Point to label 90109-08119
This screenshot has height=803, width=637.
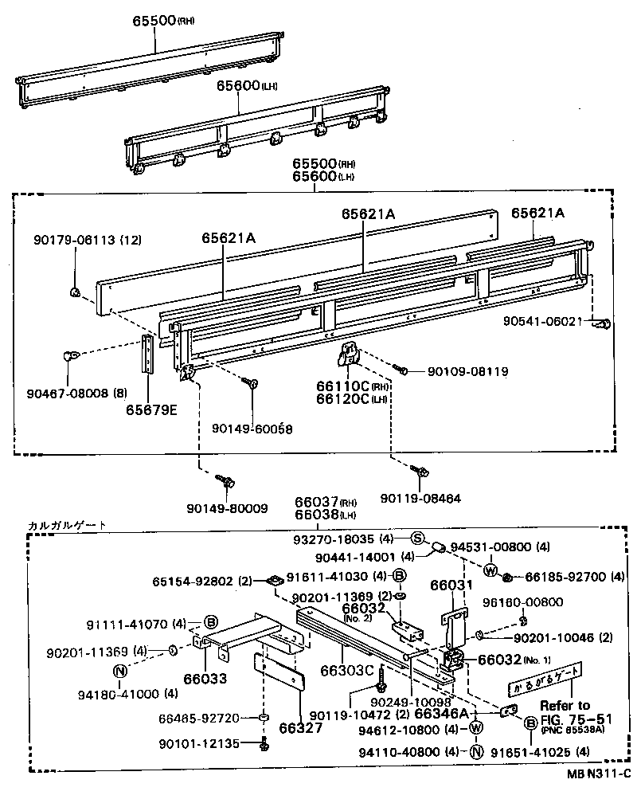[467, 371]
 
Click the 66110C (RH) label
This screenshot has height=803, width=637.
[348, 386]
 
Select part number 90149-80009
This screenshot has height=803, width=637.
[228, 507]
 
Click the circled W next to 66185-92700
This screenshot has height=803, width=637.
[490, 570]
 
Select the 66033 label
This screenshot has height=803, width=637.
[204, 679]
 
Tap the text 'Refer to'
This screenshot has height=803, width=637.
[565, 705]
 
